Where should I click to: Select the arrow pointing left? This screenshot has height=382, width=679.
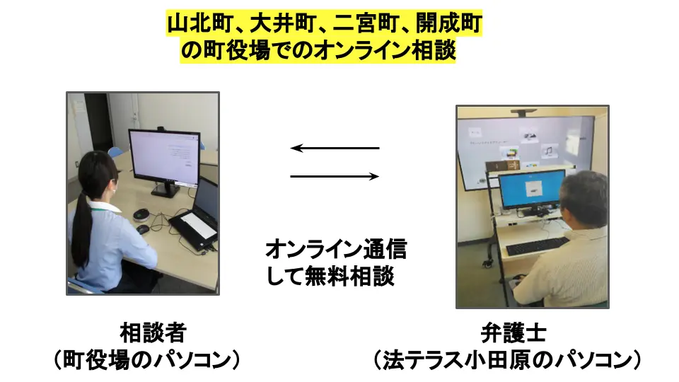click(x=335, y=148)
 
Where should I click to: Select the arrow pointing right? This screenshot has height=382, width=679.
click(x=335, y=176)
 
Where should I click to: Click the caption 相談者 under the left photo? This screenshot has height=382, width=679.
click(x=152, y=332)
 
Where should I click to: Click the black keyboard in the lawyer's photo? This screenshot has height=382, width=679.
click(x=537, y=246)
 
